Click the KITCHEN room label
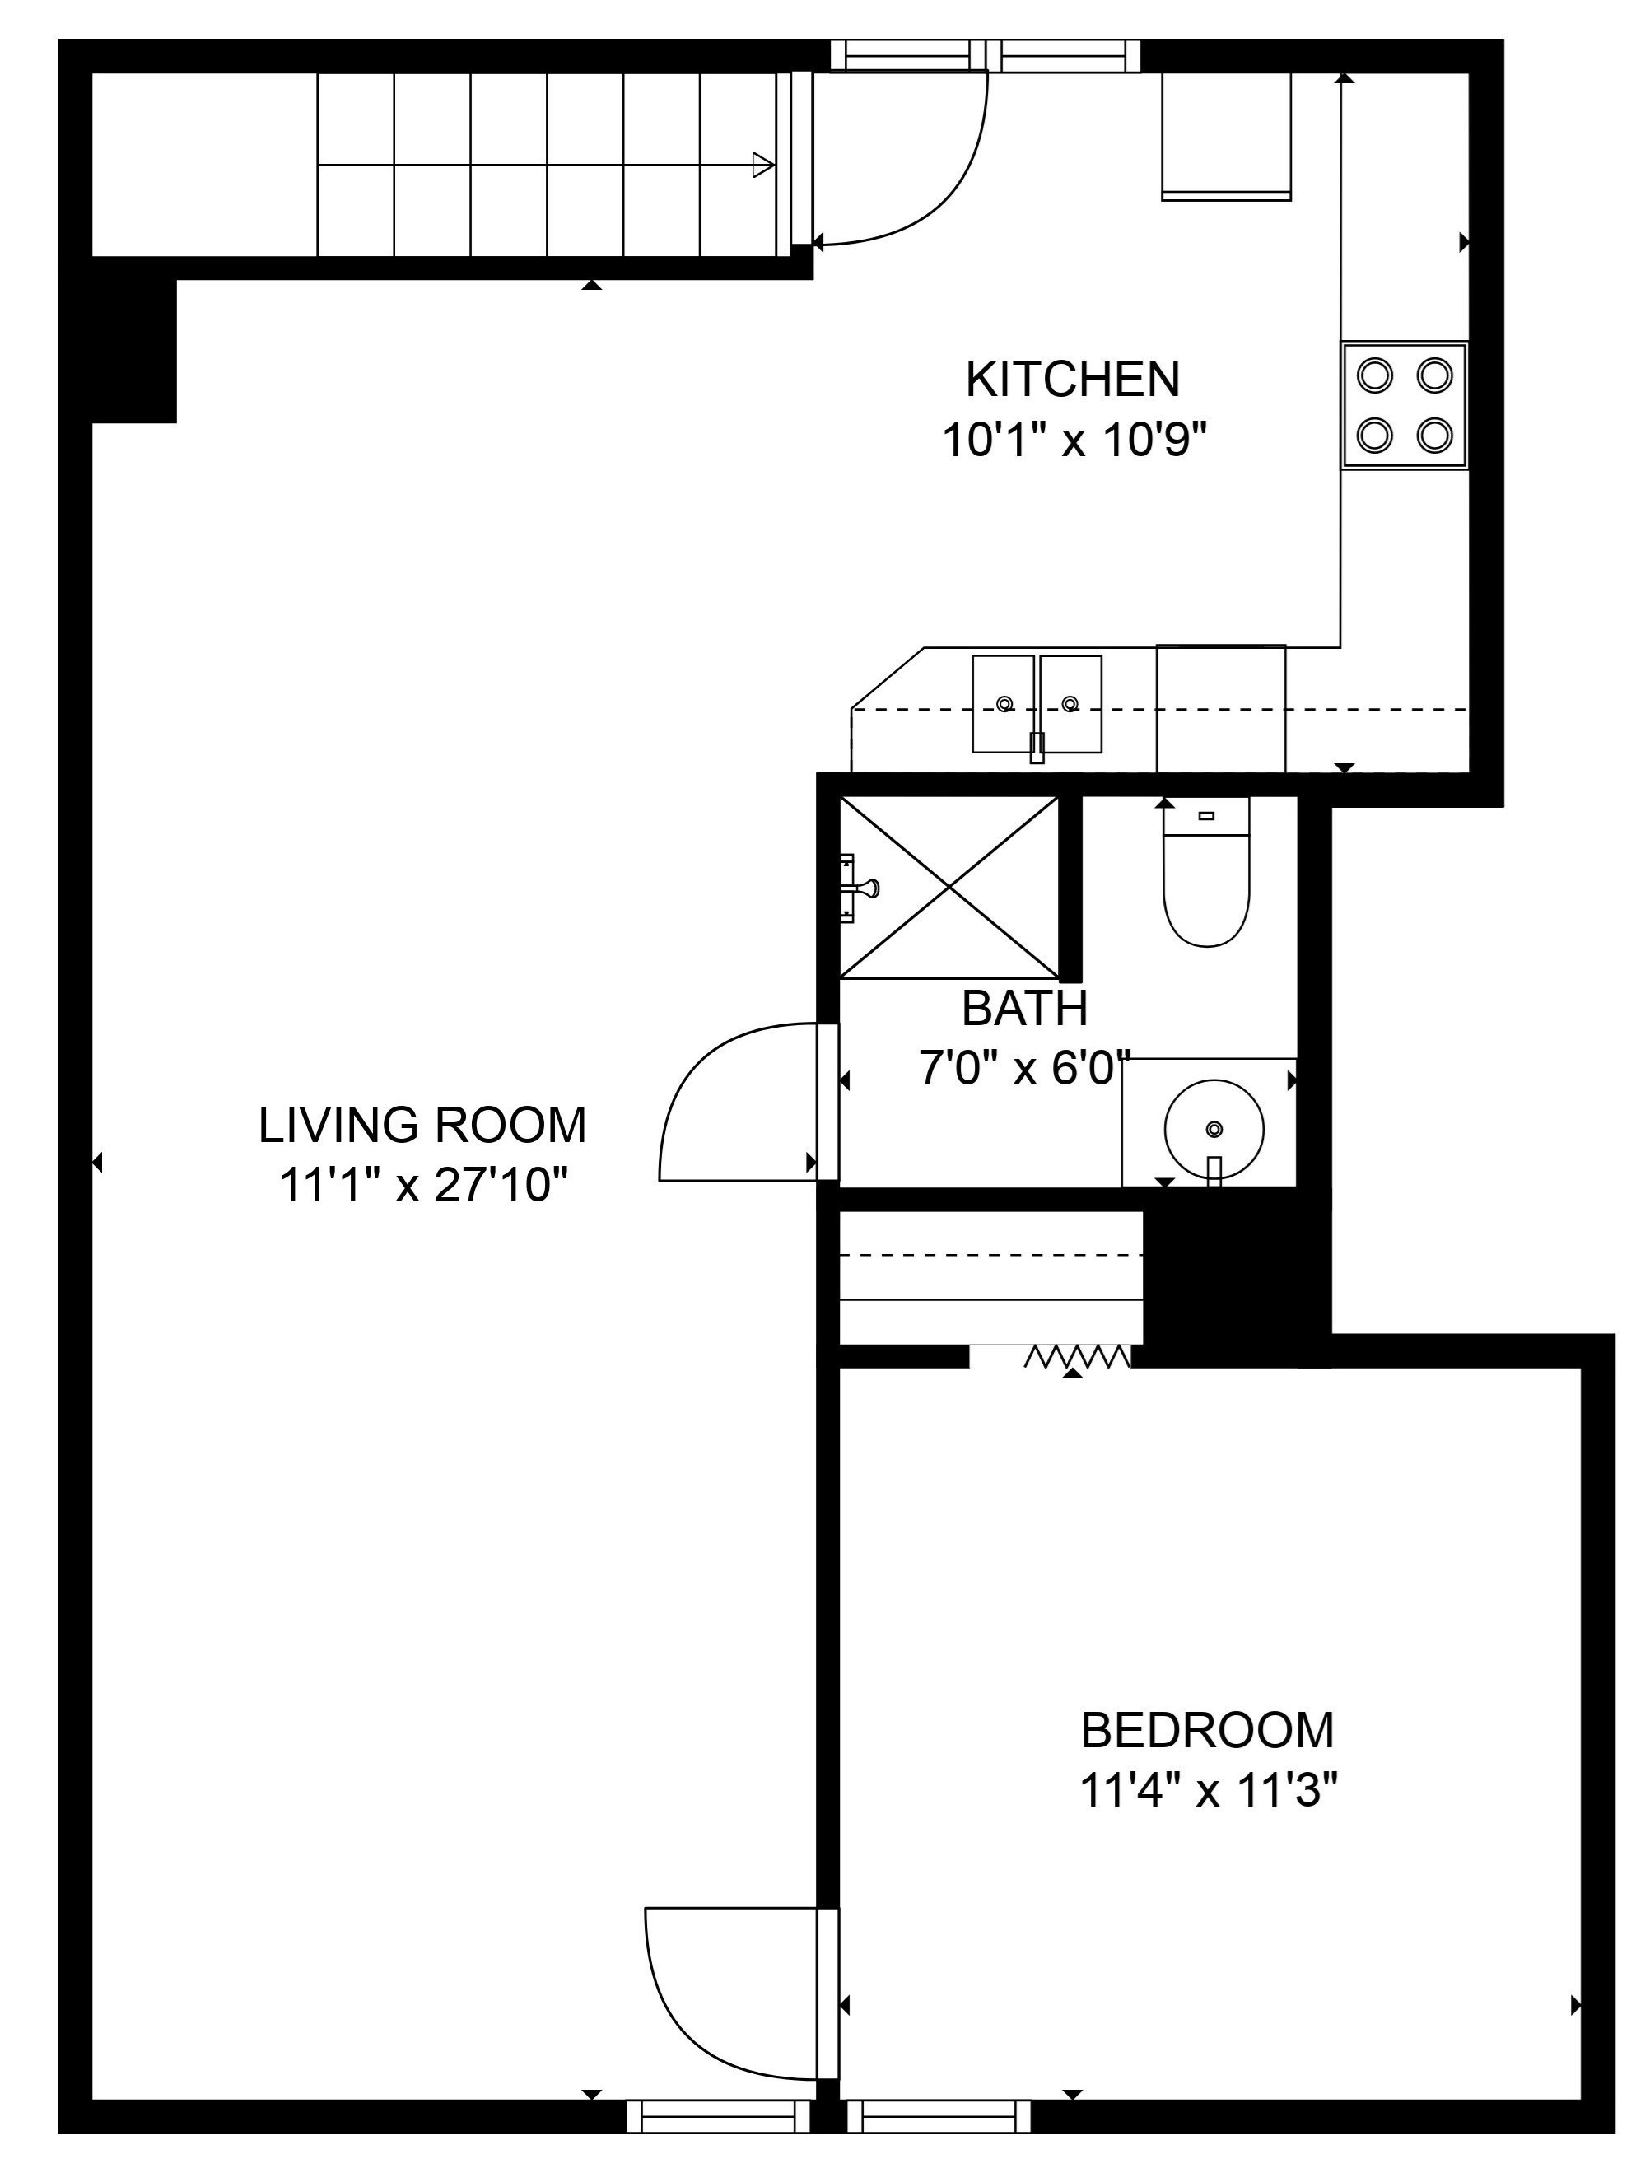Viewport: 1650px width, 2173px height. point(1073,380)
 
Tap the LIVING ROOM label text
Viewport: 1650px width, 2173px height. point(422,1125)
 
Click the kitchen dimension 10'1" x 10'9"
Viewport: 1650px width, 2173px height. point(1074,439)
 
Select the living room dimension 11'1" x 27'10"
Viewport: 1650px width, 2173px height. point(424,1185)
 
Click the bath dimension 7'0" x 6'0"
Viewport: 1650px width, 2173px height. point(1024,1067)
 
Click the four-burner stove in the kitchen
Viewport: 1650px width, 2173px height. point(1405,405)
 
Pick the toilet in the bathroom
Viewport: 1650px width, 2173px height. point(1206,872)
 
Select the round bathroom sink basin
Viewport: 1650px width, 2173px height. point(1214,1130)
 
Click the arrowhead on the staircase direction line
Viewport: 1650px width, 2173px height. point(763,165)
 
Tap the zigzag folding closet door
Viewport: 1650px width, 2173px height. point(1078,1357)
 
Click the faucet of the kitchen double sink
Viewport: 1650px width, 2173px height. point(1036,748)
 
